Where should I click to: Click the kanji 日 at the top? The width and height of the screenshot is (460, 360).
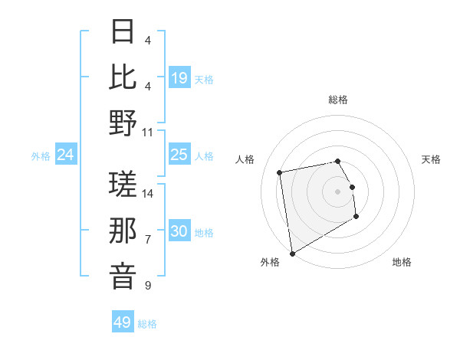(x=123, y=31)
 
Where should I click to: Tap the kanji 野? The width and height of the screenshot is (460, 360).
(x=123, y=123)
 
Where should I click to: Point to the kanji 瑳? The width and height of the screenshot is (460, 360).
(x=123, y=184)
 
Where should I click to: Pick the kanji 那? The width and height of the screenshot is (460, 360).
(x=123, y=231)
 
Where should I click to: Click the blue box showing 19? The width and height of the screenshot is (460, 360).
(x=179, y=78)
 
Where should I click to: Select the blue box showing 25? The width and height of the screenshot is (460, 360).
(x=179, y=155)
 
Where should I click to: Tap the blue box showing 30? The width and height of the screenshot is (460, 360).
(x=179, y=231)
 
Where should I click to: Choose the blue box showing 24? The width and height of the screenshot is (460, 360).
(x=66, y=155)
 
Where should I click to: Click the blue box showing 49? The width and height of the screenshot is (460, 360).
(x=123, y=322)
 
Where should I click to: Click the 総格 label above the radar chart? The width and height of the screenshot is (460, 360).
(x=337, y=100)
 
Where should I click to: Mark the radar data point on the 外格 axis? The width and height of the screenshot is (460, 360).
(x=292, y=254)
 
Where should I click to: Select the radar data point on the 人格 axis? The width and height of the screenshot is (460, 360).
(x=280, y=172)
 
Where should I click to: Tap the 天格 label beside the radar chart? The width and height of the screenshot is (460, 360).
(x=431, y=159)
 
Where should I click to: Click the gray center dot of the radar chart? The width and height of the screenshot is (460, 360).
(x=337, y=191)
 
